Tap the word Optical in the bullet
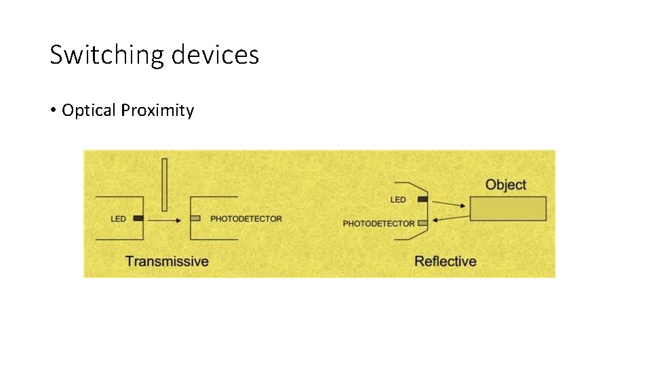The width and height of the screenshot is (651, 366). pyautogui.click(x=89, y=110)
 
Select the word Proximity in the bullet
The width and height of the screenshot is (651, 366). pyautogui.click(x=157, y=110)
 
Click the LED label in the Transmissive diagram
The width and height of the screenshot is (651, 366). pyautogui.click(x=119, y=219)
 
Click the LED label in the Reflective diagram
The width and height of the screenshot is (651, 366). pyautogui.click(x=398, y=200)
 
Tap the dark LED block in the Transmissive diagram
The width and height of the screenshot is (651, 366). pyautogui.click(x=138, y=218)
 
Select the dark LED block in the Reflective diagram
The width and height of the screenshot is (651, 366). pyautogui.click(x=422, y=199)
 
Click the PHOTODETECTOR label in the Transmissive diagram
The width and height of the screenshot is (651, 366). pyautogui.click(x=246, y=219)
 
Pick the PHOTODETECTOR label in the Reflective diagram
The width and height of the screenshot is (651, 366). pyautogui.click(x=378, y=224)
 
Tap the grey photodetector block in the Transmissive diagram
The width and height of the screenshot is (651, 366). pyautogui.click(x=195, y=218)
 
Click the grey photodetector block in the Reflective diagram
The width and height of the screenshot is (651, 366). pyautogui.click(x=422, y=223)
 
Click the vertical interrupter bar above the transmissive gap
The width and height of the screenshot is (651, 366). pyautogui.click(x=164, y=184)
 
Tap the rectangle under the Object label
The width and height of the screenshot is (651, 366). pyautogui.click(x=509, y=208)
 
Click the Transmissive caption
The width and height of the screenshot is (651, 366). pyautogui.click(x=167, y=261)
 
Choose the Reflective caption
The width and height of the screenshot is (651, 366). pyautogui.click(x=445, y=261)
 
